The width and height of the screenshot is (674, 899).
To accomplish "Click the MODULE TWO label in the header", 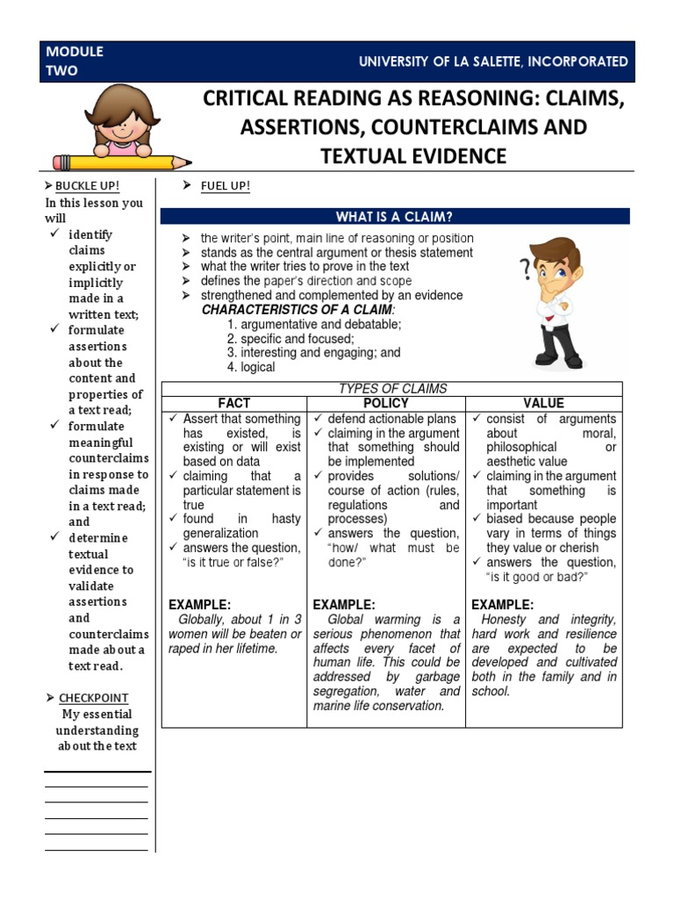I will (75, 61).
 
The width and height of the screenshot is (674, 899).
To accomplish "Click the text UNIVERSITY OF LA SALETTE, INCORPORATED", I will (493, 61).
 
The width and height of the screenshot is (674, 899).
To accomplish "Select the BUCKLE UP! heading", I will (87, 186).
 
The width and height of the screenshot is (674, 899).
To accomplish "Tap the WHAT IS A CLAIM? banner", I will (394, 217).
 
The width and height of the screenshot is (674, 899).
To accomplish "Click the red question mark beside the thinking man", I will (525, 270).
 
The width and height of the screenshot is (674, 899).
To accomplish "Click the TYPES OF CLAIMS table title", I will (392, 388).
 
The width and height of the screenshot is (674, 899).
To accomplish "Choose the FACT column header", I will (233, 403).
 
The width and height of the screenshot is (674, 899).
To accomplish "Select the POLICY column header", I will (385, 403).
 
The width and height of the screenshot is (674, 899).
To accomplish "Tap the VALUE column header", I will (543, 403).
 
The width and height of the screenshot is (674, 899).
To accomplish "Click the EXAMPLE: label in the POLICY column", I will (344, 605).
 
